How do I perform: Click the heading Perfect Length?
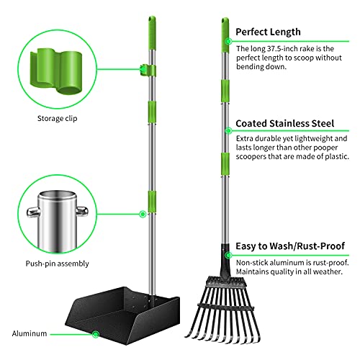(x=269, y=32)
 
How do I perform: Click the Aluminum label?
(x=29, y=333)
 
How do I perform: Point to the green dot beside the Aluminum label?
(x=96, y=333)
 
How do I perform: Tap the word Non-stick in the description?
(x=251, y=262)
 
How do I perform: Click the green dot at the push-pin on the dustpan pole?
(x=143, y=213)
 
